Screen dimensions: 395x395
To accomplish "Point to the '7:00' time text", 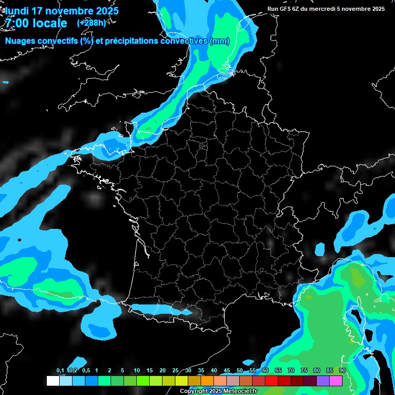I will click(17, 23).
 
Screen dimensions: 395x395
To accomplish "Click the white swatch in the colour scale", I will click(52, 381).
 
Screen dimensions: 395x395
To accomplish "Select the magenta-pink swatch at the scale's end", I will click(336, 381).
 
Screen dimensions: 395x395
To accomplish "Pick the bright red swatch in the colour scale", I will click(272, 381).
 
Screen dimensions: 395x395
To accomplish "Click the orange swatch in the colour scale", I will click(207, 381).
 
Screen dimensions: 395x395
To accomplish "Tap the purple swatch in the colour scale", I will click(323, 381).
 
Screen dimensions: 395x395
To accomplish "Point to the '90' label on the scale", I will click(343, 371).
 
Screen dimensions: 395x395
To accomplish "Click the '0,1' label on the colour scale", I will click(60, 371).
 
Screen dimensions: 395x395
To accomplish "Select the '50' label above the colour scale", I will click(240, 371).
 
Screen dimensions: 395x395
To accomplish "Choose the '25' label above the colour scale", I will click(175, 371).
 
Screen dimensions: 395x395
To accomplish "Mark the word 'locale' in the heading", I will click(50, 23).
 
